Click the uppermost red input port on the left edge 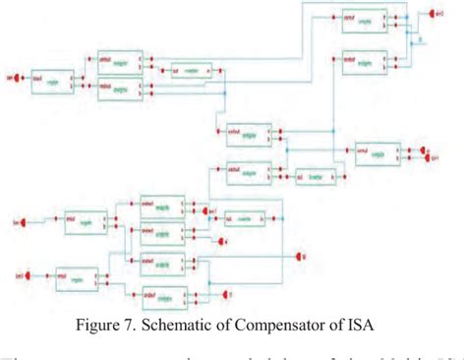[11, 74]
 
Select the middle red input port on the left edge [13, 220]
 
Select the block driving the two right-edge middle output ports [376, 151]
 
